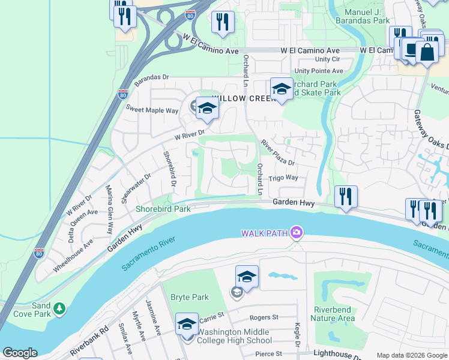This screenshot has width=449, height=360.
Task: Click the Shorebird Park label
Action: click(x=163, y=209)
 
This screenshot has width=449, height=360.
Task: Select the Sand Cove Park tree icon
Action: click(x=59, y=308)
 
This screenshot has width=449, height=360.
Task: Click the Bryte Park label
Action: click(x=189, y=297)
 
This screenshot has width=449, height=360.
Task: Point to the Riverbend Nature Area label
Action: click(x=334, y=314)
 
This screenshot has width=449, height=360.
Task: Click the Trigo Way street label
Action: click(x=283, y=178)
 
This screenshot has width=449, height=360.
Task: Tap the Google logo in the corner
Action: click(x=20, y=353)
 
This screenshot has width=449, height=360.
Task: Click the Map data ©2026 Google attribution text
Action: click(x=411, y=355)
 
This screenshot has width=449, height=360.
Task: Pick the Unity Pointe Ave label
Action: click(x=320, y=70)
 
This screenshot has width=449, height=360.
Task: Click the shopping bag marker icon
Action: click(x=427, y=52)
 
